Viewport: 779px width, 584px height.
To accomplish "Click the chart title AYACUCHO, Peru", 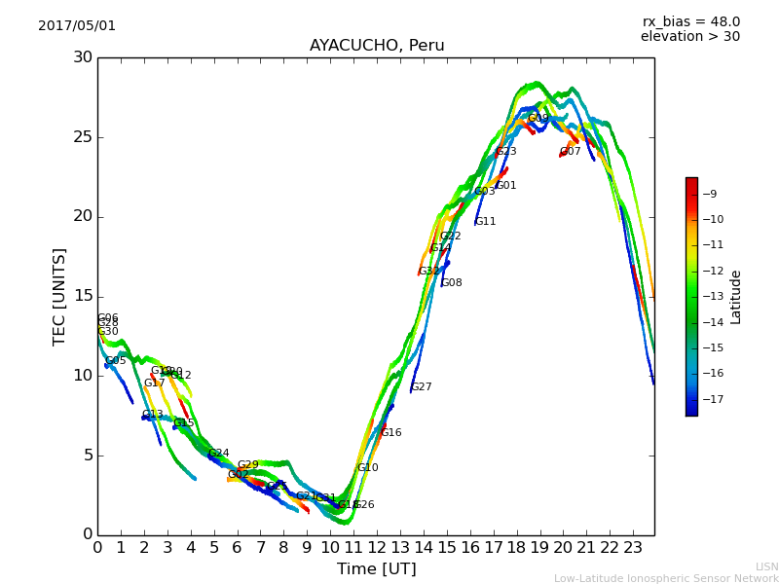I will (x=377, y=46).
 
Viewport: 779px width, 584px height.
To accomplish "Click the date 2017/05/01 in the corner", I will (x=77, y=26).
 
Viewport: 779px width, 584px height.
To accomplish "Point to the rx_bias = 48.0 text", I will (x=690, y=22).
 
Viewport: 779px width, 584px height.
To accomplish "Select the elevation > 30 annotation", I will (x=689, y=37).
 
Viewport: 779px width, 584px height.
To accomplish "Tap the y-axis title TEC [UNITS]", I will (x=60, y=296).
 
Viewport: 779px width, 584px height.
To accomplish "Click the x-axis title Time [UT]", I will (x=376, y=569).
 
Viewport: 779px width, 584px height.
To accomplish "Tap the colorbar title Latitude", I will (x=736, y=297).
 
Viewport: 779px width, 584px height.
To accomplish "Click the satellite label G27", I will (x=422, y=387).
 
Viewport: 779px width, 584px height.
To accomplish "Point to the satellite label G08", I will (x=452, y=283).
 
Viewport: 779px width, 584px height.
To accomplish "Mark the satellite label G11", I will (x=486, y=222).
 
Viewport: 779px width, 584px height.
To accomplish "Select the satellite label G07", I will (x=571, y=152).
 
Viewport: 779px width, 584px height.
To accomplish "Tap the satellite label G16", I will (x=391, y=433).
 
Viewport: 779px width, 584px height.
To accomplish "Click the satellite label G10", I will (x=368, y=468).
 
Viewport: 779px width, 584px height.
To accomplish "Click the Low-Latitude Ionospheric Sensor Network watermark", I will (x=666, y=579).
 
